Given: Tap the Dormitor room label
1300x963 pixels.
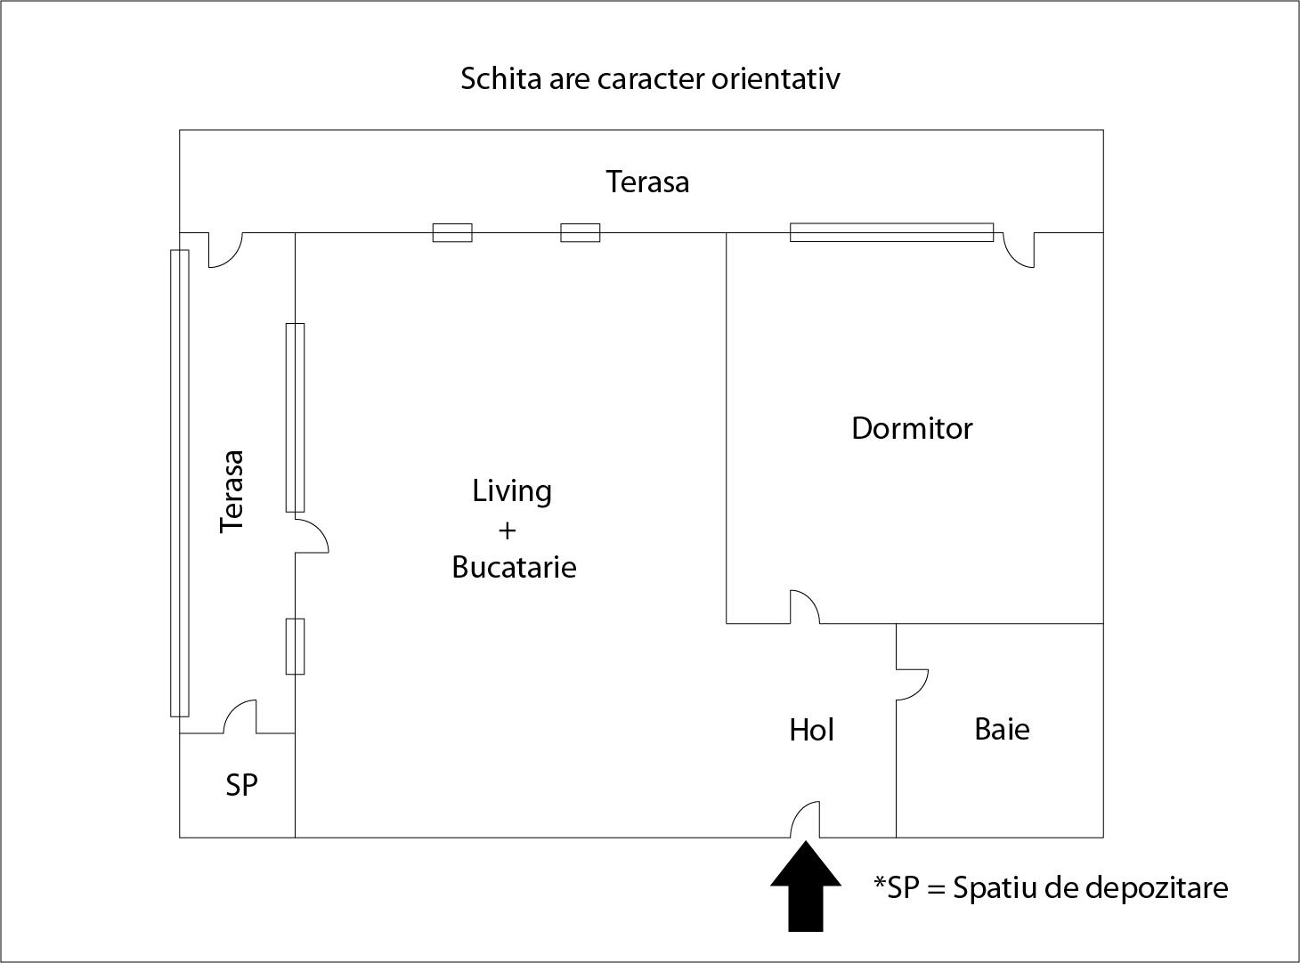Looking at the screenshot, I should (912, 428).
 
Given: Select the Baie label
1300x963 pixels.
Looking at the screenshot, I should (1002, 729).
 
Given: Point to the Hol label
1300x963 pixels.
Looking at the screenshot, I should (811, 730).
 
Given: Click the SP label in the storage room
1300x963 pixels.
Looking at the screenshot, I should (241, 785).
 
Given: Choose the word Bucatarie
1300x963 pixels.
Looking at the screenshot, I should (514, 567).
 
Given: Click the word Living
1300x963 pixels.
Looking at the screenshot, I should (512, 490).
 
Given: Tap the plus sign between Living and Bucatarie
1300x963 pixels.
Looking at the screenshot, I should (507, 530).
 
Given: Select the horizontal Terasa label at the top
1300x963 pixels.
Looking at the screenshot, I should (647, 182).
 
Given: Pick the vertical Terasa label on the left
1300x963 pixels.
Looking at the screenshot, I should (232, 491).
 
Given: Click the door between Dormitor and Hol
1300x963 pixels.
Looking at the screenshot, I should (805, 607).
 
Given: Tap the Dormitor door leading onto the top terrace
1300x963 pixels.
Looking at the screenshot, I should (1019, 249).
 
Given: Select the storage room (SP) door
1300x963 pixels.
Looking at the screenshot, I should (240, 717).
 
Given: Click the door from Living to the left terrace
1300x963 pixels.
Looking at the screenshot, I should (311, 535).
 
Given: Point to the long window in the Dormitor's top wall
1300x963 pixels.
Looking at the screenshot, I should (891, 232).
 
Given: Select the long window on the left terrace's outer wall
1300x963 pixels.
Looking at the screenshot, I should (180, 483).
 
